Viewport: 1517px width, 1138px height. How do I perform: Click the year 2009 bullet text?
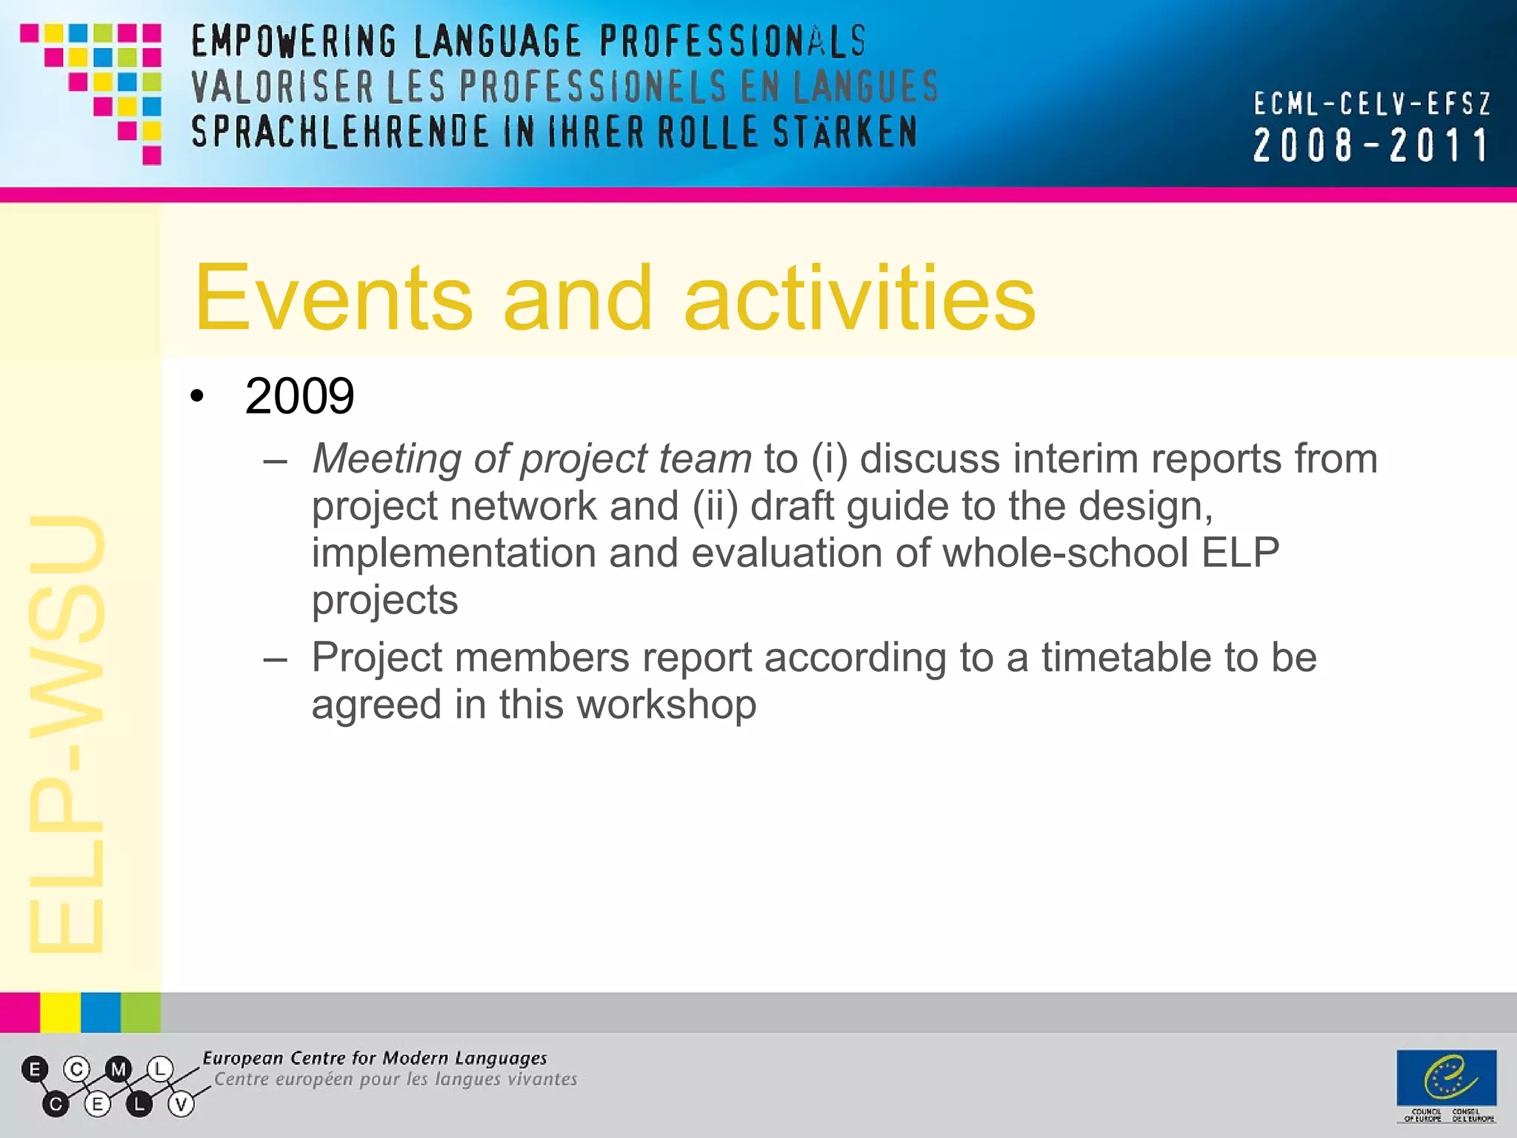click(x=299, y=396)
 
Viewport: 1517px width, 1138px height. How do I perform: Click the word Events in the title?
click(x=333, y=298)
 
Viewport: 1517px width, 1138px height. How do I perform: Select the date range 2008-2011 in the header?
click(x=1370, y=145)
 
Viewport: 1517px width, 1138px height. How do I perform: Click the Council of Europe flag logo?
click(x=1446, y=1077)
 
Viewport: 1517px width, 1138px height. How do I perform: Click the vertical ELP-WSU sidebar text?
click(x=67, y=733)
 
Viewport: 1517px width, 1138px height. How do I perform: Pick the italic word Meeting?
click(x=387, y=459)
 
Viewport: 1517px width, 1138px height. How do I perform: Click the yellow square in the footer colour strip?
click(x=60, y=1012)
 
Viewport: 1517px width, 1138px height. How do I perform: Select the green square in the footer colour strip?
click(x=141, y=1012)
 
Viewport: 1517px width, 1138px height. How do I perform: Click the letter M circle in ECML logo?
click(x=118, y=1069)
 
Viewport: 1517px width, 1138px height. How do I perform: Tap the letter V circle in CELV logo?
click(x=181, y=1105)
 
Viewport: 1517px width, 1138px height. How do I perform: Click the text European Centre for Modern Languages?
click(x=375, y=1058)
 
